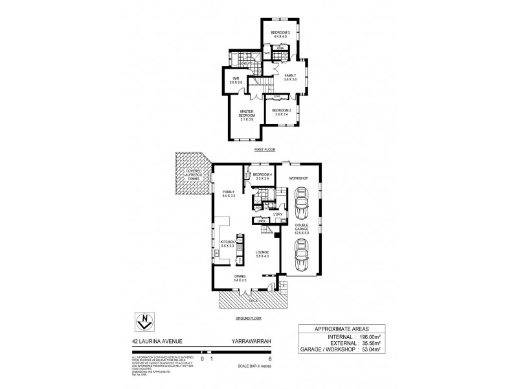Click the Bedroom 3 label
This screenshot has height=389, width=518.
click(280, 34)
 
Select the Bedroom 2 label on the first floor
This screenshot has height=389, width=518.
click(280, 112)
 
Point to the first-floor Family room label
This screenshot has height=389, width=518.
click(290, 77)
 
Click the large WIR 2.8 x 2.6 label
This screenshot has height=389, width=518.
click(236, 81)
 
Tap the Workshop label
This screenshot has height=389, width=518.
click(298, 178)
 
